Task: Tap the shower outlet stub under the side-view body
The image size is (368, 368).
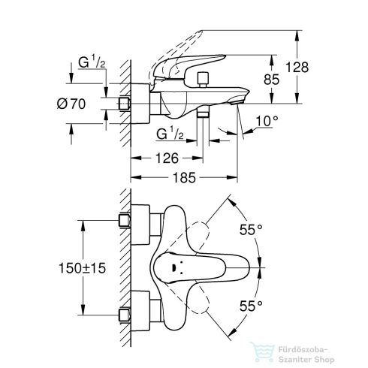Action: coord(204,112)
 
